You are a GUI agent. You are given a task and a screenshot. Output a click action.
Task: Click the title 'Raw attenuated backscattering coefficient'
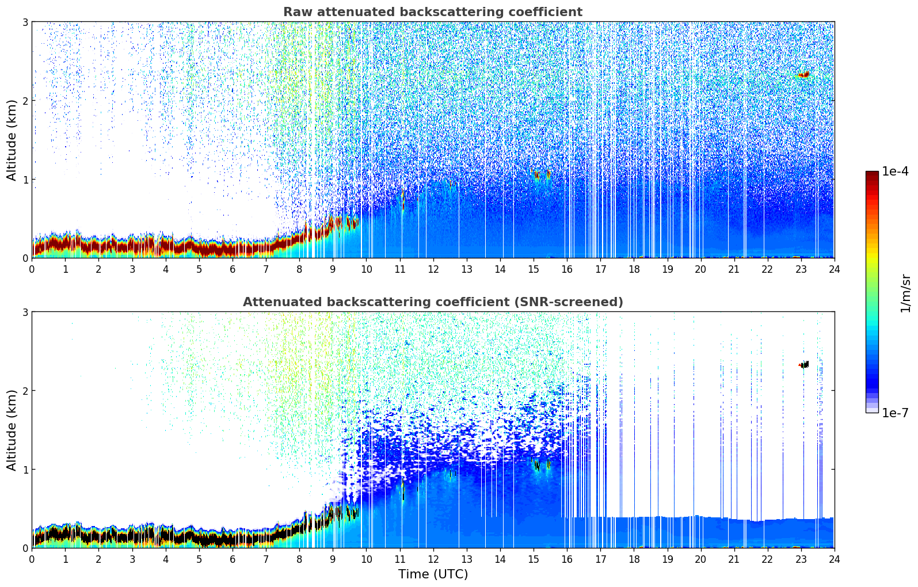point(432,12)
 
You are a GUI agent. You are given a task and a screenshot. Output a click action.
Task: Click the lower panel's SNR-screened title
point(432,302)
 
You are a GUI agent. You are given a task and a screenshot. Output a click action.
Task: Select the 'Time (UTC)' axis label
point(433,574)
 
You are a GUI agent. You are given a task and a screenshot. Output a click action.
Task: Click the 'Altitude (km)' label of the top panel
point(12,140)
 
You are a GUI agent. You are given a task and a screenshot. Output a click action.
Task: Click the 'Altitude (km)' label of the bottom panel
point(12,430)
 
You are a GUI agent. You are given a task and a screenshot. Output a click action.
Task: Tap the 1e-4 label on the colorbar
point(895,171)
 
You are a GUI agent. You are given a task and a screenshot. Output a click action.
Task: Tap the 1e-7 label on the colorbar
point(895,413)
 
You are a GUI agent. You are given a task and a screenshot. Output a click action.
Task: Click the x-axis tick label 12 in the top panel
point(433,269)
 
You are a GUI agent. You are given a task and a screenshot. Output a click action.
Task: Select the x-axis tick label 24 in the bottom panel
point(834,559)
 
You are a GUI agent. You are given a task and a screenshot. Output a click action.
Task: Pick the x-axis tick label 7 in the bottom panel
point(266,559)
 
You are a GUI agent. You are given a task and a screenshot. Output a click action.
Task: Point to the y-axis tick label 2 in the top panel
point(25,101)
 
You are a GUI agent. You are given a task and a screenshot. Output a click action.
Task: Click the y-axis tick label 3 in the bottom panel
point(25,312)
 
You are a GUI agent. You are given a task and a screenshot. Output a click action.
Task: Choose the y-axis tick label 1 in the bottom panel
point(25,470)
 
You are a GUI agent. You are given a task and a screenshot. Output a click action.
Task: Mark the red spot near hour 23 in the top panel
point(803,75)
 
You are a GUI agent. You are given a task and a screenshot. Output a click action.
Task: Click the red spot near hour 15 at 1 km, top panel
point(537,174)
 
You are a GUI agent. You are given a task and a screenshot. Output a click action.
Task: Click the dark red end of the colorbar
point(871,175)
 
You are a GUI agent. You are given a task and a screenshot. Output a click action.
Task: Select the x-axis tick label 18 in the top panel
point(634,269)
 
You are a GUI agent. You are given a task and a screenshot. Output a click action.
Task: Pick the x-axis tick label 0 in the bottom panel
point(32,559)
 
